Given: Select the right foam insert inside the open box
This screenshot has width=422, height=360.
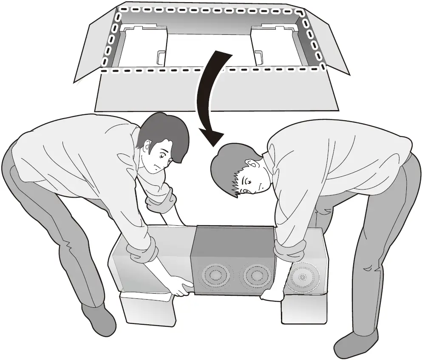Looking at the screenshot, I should (x=276, y=45).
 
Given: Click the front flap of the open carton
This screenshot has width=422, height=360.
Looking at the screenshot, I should (x=217, y=91).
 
